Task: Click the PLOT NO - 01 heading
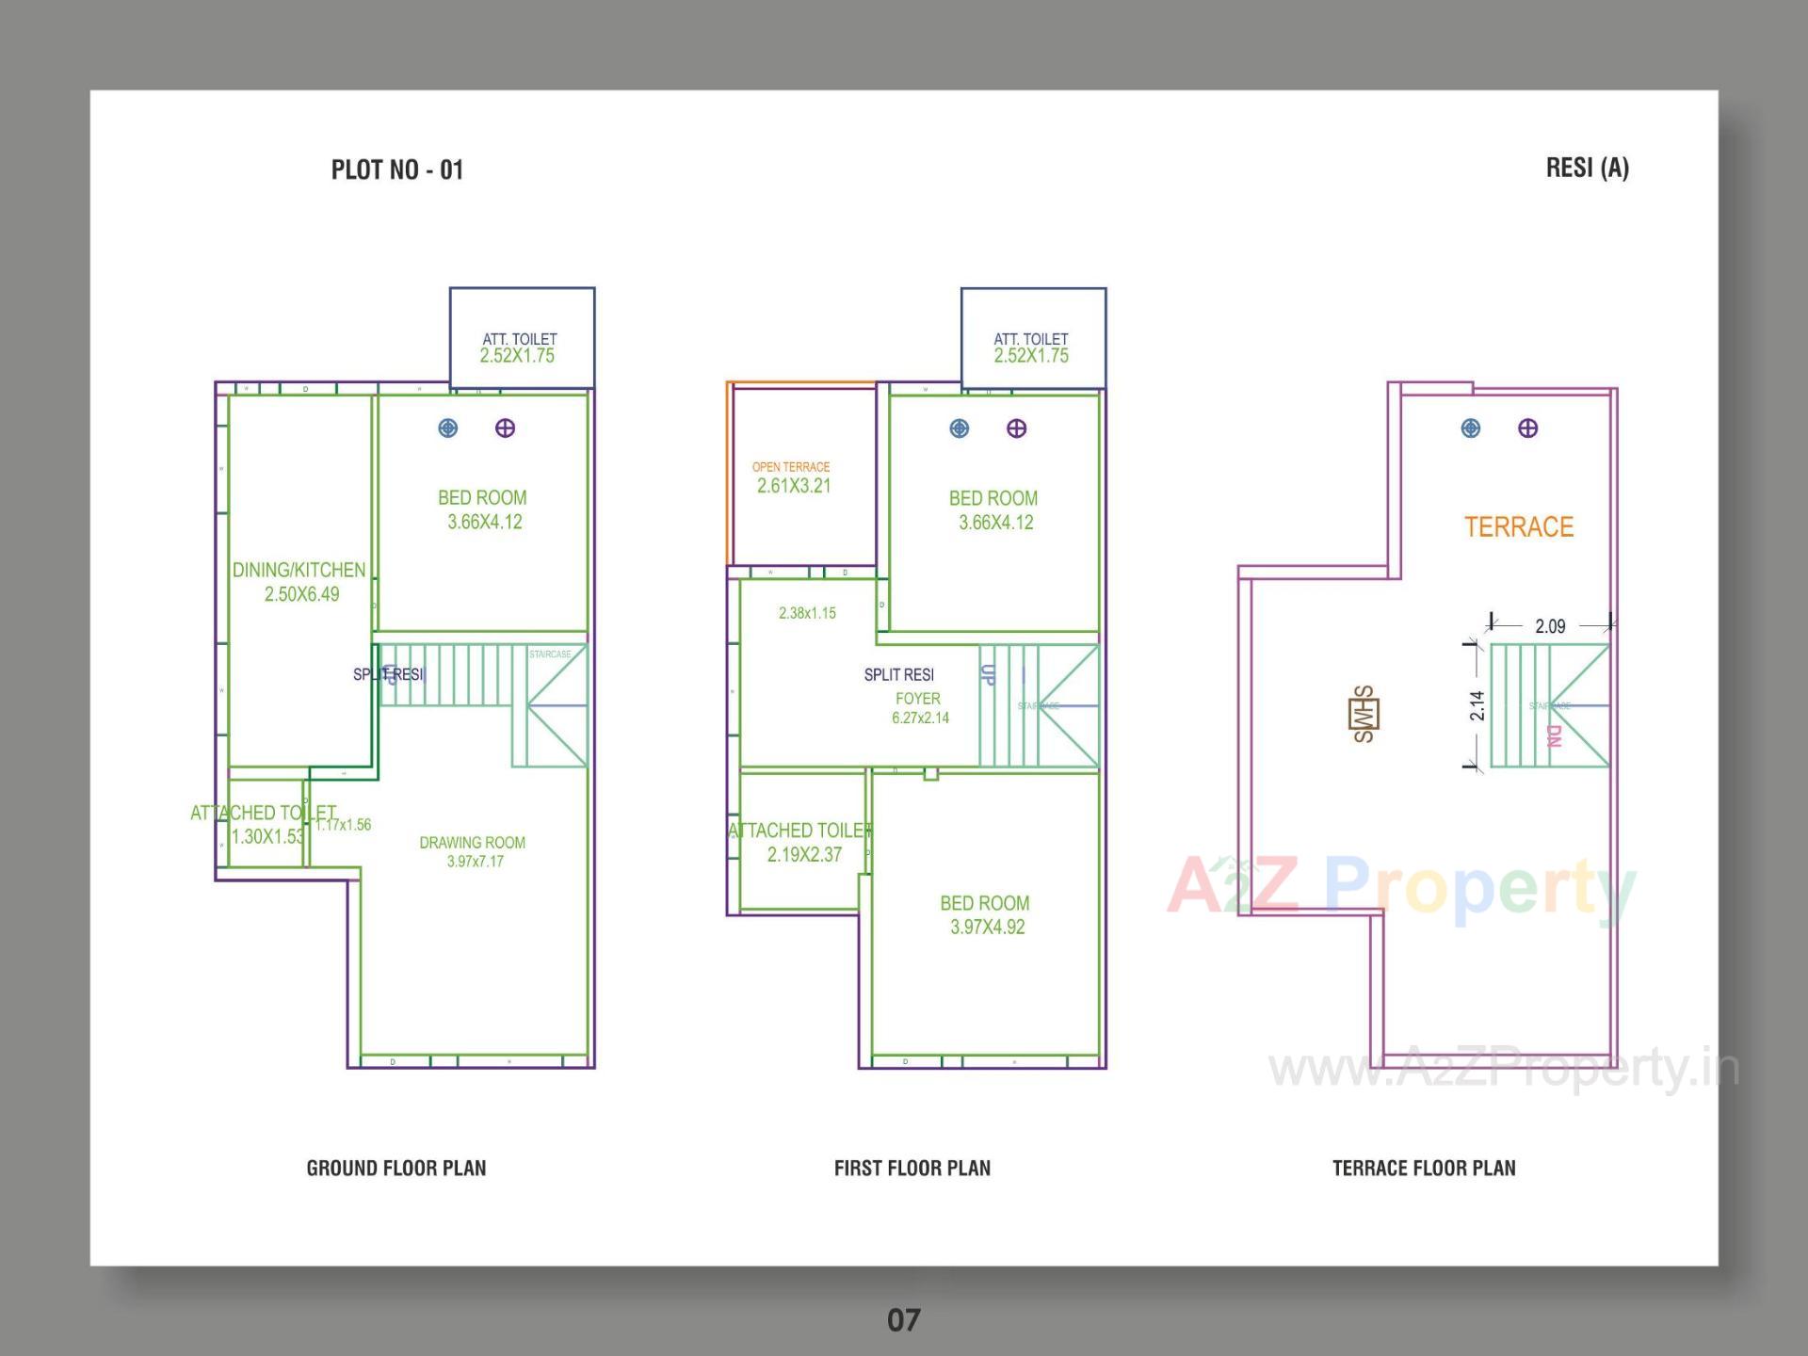396,169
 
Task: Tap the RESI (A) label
1587,168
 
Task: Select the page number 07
903,1319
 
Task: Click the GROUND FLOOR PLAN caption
395,1168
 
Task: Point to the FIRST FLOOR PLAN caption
912,1168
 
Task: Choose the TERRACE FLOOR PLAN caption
1423,1168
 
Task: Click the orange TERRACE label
1518,526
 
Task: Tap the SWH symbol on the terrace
1364,714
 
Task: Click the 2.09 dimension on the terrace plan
1550,626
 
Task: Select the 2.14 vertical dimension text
1477,705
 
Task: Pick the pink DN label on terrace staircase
1554,735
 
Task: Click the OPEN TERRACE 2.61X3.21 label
792,477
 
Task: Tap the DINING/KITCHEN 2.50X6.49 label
299,582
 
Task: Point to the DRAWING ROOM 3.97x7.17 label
473,851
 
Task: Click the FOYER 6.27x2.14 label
919,708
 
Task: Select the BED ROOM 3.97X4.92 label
985,914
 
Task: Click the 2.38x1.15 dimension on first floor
807,613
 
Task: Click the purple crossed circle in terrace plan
1527,428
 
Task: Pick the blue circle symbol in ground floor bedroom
448,428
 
